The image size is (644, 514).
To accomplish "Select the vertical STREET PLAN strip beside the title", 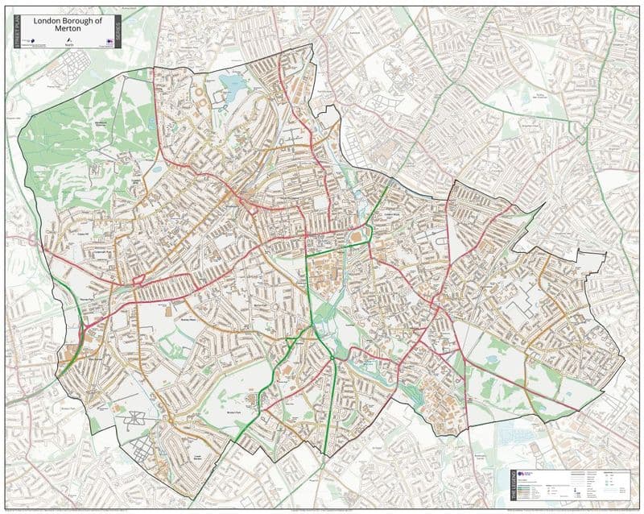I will (x=14, y=32).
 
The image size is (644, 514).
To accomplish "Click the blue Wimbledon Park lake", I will (x=234, y=84).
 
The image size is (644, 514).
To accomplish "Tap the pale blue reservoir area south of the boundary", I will (x=515, y=436).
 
